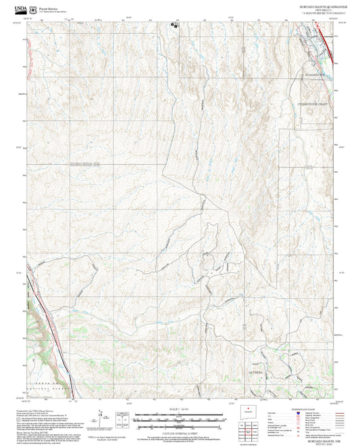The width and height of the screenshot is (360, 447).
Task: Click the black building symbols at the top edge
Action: click(x=174, y=24)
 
